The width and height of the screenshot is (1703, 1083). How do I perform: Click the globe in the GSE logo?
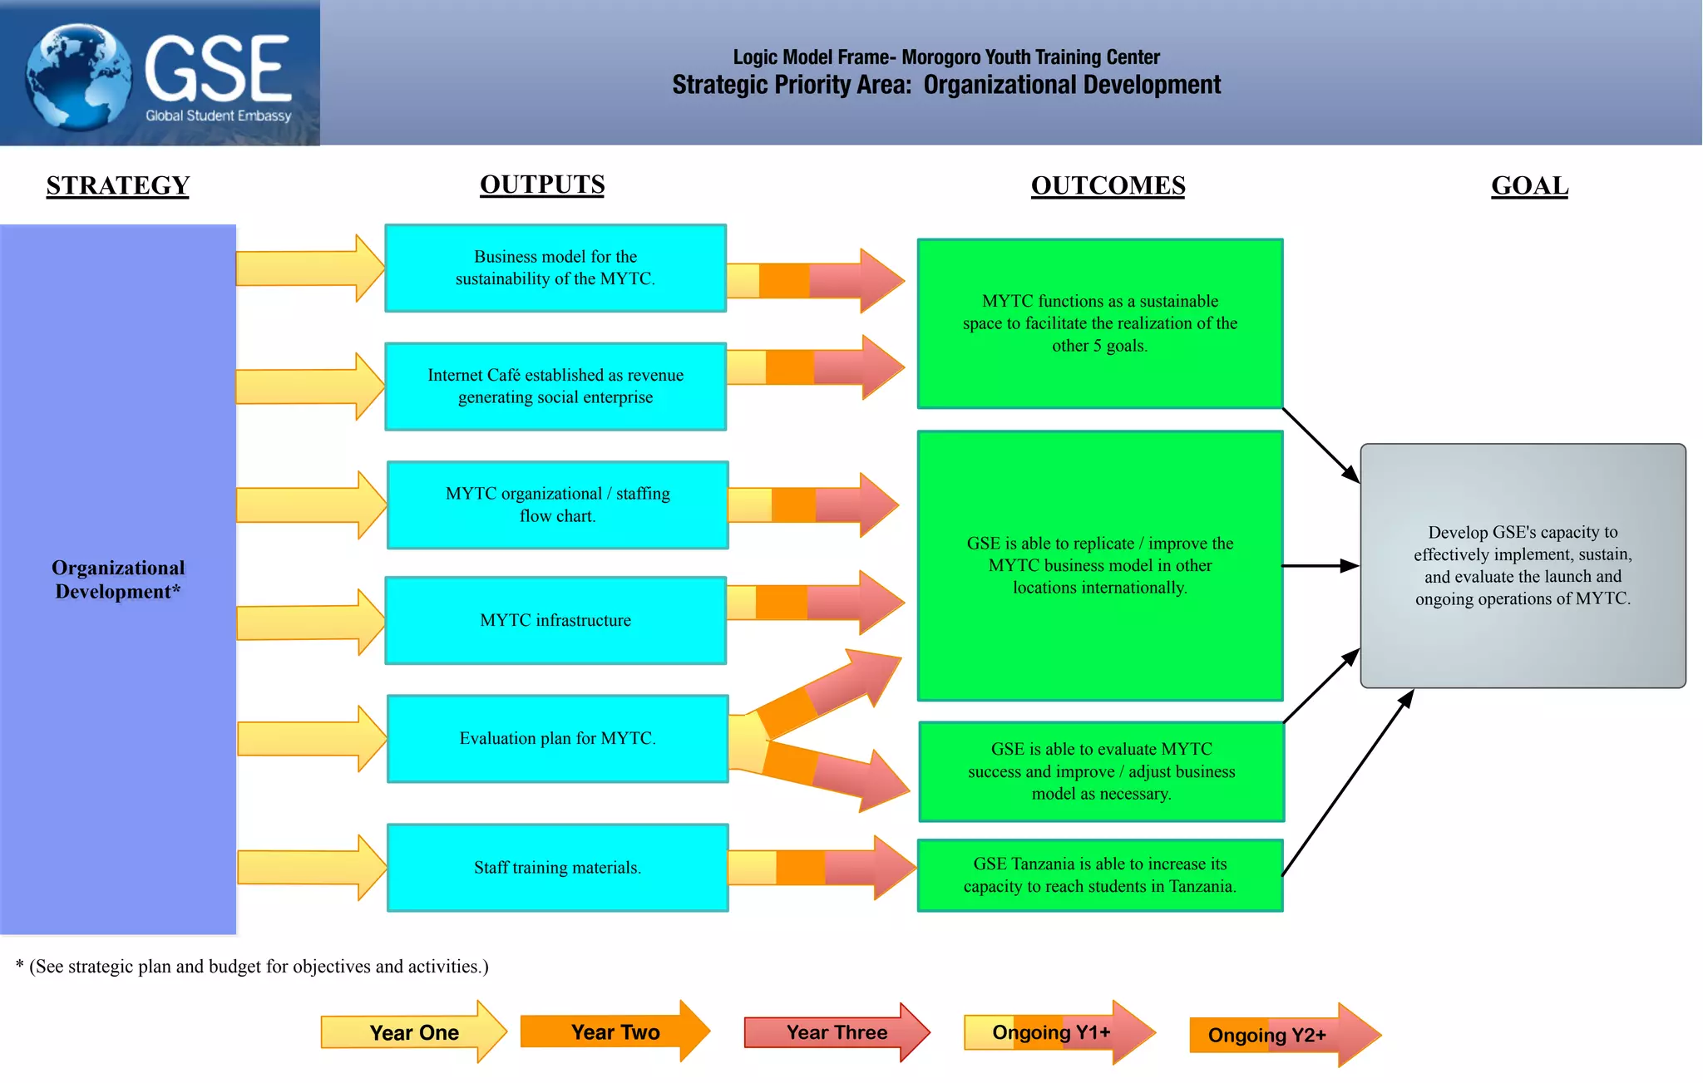click(79, 76)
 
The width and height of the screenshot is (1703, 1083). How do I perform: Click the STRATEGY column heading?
click(117, 185)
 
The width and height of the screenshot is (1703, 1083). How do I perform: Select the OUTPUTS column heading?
click(542, 185)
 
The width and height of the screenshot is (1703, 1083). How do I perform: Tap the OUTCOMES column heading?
click(1108, 185)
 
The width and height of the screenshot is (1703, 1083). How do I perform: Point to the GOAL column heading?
click(1529, 185)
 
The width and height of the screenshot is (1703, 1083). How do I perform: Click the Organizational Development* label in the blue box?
click(117, 579)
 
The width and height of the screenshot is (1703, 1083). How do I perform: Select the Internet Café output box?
click(555, 386)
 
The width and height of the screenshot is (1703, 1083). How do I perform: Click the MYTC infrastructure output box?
click(555, 620)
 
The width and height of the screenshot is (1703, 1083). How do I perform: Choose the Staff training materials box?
click(557, 868)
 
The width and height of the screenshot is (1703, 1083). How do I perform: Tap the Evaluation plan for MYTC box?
click(557, 738)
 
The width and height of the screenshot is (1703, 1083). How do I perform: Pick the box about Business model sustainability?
click(555, 268)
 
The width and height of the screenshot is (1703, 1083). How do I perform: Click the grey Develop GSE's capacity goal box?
click(1523, 565)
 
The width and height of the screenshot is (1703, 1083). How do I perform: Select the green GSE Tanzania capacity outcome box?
click(1099, 875)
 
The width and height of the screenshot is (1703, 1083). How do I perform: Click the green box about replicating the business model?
click(1099, 565)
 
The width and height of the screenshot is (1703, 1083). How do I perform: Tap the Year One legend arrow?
click(413, 1032)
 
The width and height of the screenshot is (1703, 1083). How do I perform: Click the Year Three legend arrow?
click(836, 1032)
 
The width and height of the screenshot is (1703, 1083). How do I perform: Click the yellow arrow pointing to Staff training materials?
click(310, 868)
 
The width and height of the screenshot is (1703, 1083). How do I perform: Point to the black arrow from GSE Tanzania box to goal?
click(1347, 783)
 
